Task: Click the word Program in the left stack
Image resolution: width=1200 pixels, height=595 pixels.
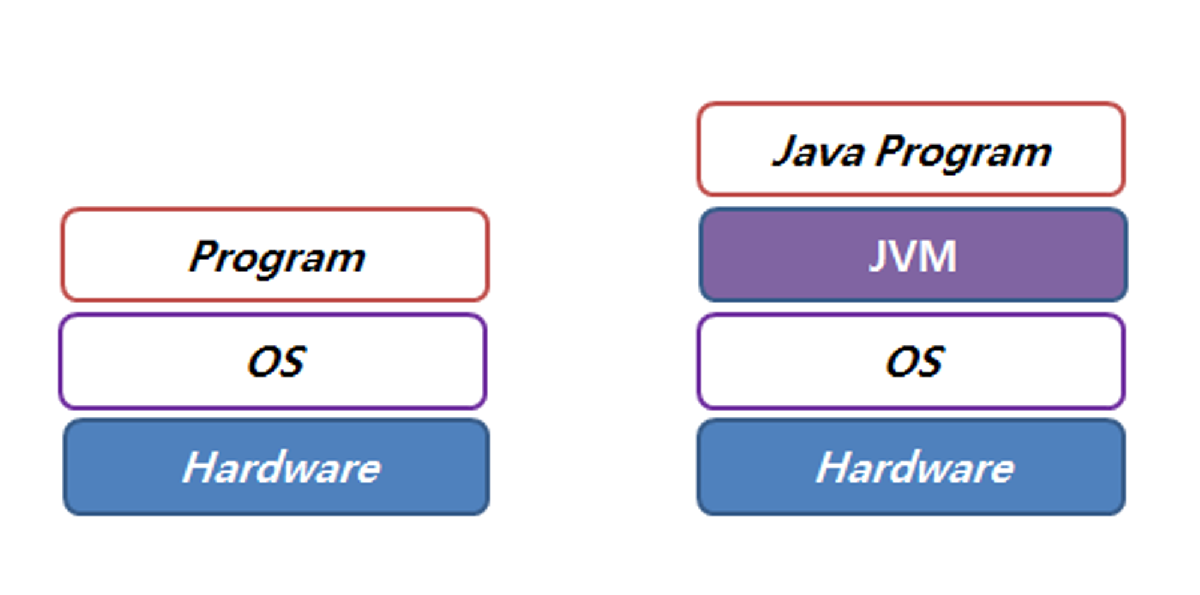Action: coord(277,257)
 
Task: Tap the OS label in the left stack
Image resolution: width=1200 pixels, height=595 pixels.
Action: coord(276,362)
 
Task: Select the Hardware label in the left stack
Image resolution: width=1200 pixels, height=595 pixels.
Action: coord(281,467)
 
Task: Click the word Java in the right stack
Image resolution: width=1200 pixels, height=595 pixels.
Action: coord(818,151)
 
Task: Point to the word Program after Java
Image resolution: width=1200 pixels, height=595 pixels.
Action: coord(964,151)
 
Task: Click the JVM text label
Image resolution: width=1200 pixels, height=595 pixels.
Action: coord(913,256)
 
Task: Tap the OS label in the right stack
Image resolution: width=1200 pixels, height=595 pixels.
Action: coord(914,362)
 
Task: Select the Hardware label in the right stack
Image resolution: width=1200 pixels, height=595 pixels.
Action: coord(915,467)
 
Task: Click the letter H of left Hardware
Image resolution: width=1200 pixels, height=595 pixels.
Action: coord(200,467)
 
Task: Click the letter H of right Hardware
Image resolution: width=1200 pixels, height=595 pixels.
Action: coord(834,467)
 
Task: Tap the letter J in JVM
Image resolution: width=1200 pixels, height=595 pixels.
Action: coord(878,257)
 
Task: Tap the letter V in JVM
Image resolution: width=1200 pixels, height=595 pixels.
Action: coord(905,256)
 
